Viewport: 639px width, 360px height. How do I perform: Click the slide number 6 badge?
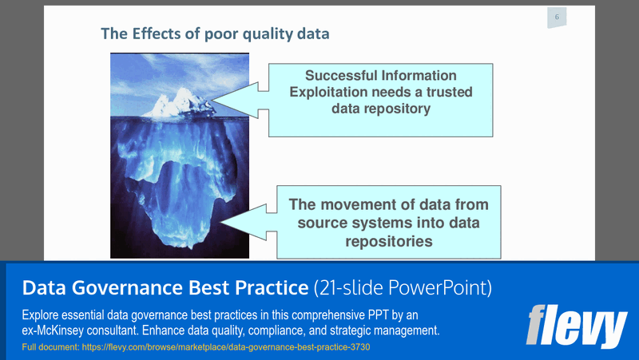coord(557,18)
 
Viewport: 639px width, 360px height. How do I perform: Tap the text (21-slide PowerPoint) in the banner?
coord(403,287)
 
